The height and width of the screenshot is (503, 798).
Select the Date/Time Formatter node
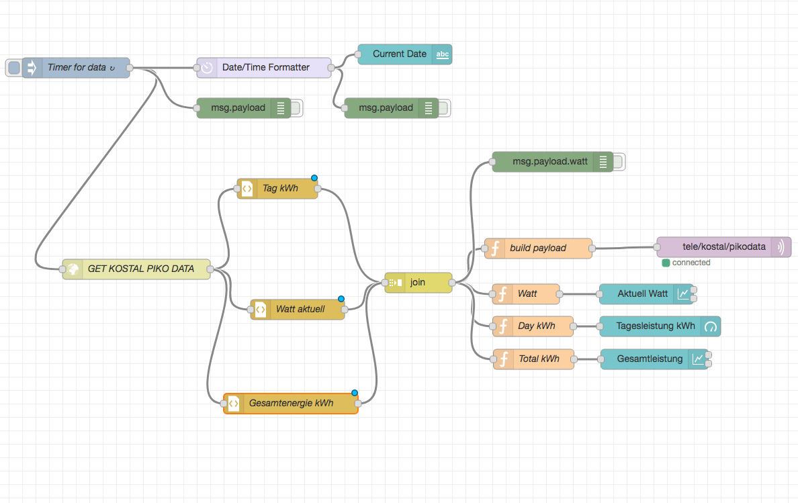coord(265,68)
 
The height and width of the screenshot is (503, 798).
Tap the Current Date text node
coord(400,54)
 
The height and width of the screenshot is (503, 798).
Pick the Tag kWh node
coord(279,189)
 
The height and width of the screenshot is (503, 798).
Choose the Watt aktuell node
coord(300,310)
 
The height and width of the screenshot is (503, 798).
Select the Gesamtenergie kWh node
coord(291,404)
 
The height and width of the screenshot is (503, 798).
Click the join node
coord(418,283)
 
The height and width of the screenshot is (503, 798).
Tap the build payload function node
coord(538,248)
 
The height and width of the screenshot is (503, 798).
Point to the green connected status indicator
coord(666,263)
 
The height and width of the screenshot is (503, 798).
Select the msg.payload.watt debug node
coord(550,162)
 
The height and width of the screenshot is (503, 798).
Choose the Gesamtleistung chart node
coord(650,359)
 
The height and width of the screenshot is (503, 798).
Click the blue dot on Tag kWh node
coord(314,178)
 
